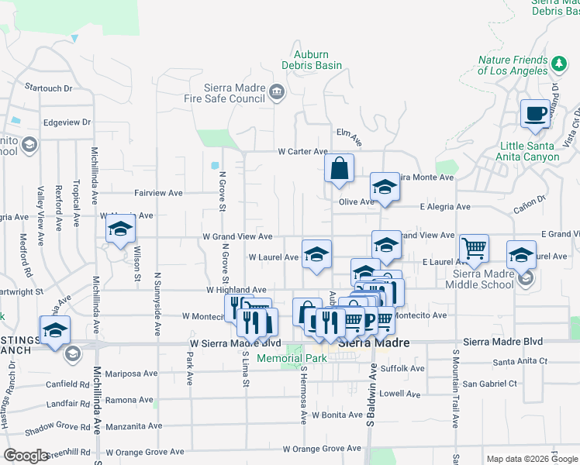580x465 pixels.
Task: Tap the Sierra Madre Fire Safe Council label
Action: click(x=235, y=93)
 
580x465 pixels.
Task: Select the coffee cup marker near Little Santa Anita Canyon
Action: click(x=535, y=113)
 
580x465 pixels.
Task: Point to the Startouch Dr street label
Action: click(x=48, y=88)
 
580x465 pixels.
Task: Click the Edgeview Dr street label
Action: click(x=67, y=122)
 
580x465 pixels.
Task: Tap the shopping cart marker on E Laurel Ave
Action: click(x=474, y=248)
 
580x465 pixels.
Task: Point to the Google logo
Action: click(x=26, y=456)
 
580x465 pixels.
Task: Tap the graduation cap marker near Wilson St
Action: click(x=121, y=229)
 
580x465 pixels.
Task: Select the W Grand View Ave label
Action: click(x=237, y=236)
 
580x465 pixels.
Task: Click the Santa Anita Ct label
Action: click(x=520, y=361)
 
